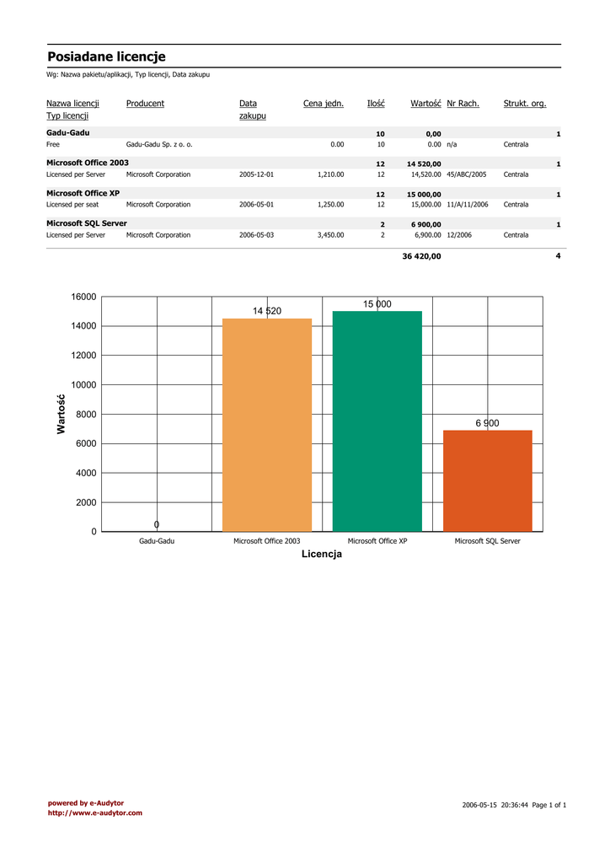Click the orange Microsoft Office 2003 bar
click(266, 425)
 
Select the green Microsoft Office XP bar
click(377, 421)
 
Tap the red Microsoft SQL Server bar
click(488, 480)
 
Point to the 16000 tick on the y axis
click(84, 297)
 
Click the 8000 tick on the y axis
click(86, 415)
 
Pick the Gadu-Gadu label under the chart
click(157, 541)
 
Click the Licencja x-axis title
click(322, 555)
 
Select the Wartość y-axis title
click(62, 415)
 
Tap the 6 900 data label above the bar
click(487, 423)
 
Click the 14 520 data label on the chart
click(267, 311)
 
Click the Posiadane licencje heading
click(106, 56)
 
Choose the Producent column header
click(145, 104)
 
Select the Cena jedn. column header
click(324, 104)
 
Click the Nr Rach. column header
click(463, 104)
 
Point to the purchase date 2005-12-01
click(256, 174)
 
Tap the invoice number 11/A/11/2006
click(468, 205)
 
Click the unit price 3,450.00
click(330, 235)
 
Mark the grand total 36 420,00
click(421, 256)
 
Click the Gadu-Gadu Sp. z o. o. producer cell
click(159, 145)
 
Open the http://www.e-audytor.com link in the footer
click(94, 813)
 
